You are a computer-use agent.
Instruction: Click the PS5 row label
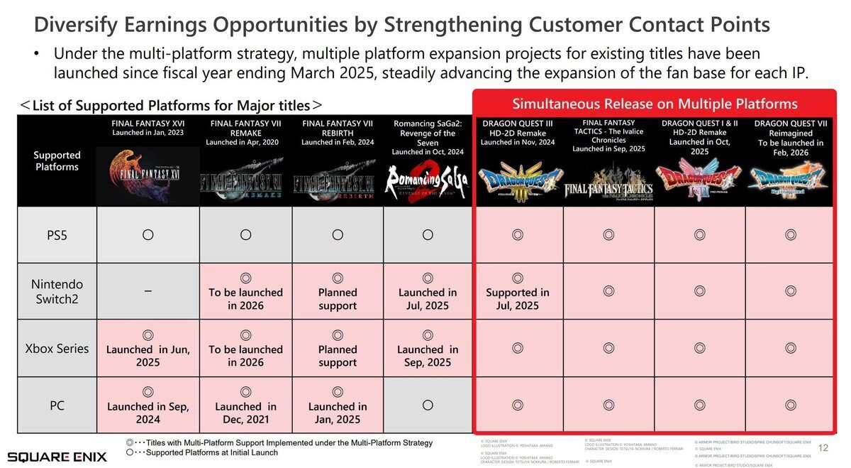coord(57,235)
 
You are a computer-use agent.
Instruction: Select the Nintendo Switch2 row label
coord(57,291)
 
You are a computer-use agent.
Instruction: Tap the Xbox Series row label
coord(57,349)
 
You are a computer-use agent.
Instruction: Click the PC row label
coord(57,406)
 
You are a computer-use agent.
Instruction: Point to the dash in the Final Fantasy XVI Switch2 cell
coord(148,291)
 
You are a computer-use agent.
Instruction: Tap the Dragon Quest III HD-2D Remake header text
coord(517,133)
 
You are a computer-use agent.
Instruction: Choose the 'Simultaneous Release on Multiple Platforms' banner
coord(655,104)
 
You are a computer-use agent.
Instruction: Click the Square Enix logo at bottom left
coord(57,456)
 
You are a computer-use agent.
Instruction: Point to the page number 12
coord(823,447)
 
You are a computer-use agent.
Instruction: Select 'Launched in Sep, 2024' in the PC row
coord(148,413)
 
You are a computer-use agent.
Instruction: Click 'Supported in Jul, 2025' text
coord(517,299)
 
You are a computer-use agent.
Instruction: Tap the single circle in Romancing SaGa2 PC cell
coord(428,405)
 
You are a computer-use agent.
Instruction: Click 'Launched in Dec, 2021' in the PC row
coord(245,413)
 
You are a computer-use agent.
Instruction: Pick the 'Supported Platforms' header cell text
coord(57,160)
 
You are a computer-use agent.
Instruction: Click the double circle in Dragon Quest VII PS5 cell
coord(791,234)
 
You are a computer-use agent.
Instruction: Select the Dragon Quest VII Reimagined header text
coord(791,138)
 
